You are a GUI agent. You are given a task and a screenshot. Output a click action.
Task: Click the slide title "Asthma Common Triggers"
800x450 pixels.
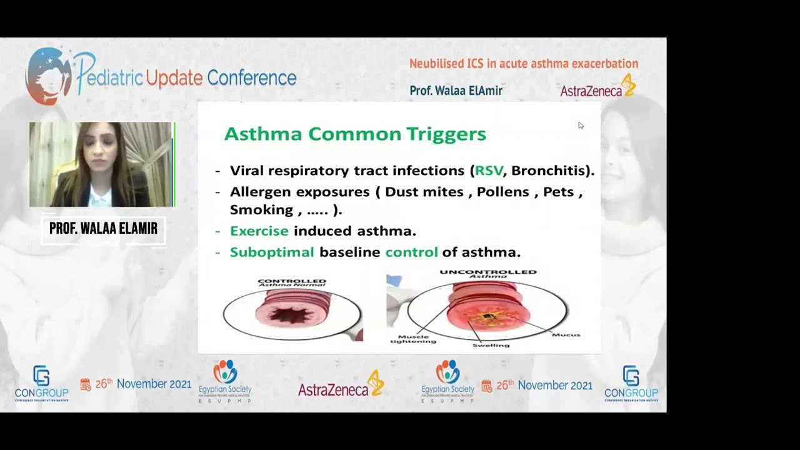coord(355,134)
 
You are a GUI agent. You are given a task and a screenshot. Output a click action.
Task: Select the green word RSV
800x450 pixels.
coord(488,171)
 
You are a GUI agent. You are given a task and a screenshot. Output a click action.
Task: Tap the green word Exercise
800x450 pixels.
coord(259,231)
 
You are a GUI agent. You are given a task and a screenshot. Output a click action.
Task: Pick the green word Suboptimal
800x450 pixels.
coord(272,252)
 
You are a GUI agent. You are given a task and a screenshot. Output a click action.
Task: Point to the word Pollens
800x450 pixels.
coord(502,192)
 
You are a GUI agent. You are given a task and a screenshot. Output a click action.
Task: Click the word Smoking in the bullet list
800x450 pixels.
coord(261,209)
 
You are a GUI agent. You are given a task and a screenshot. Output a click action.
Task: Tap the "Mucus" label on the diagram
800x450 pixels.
coord(566,335)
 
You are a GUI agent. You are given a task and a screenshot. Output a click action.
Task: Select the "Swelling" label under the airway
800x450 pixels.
coord(491,345)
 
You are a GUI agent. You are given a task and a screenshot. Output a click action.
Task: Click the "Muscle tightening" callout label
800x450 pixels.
coord(413,338)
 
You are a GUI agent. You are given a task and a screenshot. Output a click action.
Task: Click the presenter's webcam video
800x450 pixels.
coord(101,164)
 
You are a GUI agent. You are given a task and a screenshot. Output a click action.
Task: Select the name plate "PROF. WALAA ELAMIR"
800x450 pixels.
coord(103,229)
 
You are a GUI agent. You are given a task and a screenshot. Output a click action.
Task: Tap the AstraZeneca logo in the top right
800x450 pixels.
coord(597,88)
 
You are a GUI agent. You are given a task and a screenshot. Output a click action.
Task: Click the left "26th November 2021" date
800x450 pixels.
coord(136,384)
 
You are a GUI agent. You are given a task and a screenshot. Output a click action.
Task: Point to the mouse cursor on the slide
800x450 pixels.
coord(581,126)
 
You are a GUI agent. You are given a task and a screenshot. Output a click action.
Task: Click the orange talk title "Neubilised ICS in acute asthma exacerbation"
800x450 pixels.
coord(523,64)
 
